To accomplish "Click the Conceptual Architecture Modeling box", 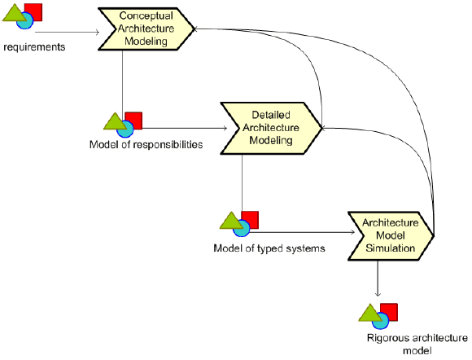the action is tap(146, 29).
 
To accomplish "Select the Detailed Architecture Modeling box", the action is tap(271, 128).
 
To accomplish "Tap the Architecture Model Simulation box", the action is tap(391, 235).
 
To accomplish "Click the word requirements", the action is tap(34, 47).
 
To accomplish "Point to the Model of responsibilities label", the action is tap(146, 145).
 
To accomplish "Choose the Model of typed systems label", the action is tap(269, 248).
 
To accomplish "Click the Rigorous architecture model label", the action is tap(417, 344).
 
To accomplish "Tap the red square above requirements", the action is tap(33, 12).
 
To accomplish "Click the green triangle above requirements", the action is tap(14, 13).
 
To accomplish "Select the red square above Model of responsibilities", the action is tap(133, 121).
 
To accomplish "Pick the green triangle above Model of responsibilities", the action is tap(115, 121).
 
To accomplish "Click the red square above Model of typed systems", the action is tap(250, 220).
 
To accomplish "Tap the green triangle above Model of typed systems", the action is tap(231, 221).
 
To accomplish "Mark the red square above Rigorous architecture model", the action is tap(389, 312).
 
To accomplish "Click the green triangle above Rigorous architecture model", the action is tap(370, 313).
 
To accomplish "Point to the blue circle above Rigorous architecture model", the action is tap(381, 321).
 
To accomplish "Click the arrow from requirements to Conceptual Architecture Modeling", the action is tap(67, 32).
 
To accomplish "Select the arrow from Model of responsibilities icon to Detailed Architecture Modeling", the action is tap(185, 129).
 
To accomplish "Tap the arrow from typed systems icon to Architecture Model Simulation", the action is tap(302, 232).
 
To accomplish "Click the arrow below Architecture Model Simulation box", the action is tap(378, 279).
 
